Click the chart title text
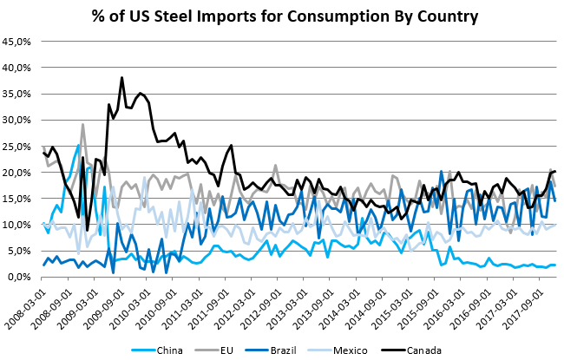click(282, 16)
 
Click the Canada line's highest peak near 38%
click(121, 78)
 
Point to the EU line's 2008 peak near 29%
click(83, 125)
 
